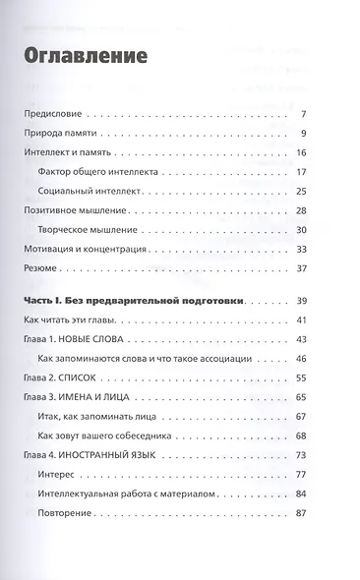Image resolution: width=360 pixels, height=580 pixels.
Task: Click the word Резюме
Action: coord(44,267)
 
